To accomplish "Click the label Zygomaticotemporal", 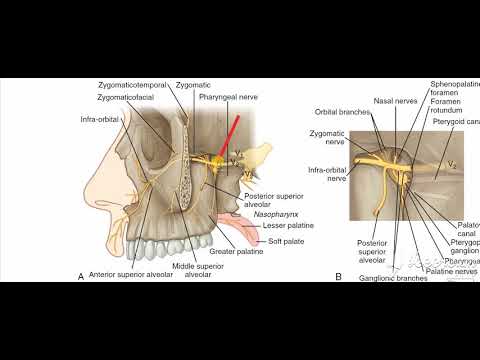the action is tap(133, 87).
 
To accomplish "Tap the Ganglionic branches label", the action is tap(390, 277).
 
